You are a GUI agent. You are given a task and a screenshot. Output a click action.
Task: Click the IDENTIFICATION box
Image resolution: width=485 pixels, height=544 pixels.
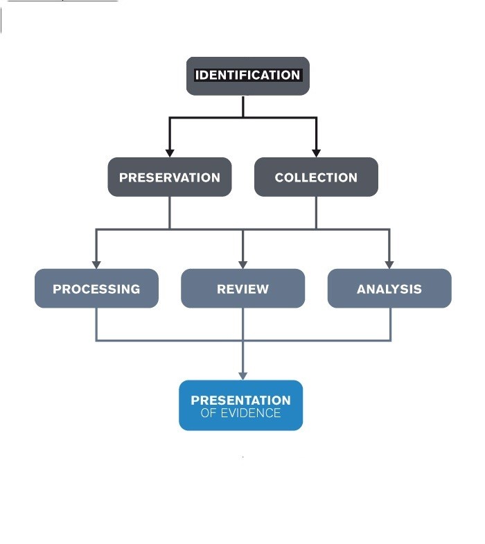pos(247,76)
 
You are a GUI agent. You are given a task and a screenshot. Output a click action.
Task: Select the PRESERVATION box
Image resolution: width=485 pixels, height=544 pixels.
pos(169,177)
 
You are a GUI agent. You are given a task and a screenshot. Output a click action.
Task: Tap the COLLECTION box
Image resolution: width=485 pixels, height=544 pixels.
pos(316,177)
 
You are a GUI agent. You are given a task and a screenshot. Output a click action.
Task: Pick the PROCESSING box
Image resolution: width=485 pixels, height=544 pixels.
pos(96,288)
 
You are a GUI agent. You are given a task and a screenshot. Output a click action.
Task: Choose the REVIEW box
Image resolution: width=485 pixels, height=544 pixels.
pos(242,288)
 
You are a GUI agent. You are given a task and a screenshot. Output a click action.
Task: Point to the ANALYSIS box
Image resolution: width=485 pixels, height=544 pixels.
pos(389,288)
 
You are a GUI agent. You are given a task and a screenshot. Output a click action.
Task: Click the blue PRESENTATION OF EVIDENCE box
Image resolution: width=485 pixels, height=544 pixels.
pos(240,405)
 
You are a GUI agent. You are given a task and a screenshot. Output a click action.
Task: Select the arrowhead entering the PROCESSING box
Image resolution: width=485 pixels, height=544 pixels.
pos(96,264)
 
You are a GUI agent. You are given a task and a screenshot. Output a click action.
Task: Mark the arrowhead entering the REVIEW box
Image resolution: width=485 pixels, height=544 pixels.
pos(242,264)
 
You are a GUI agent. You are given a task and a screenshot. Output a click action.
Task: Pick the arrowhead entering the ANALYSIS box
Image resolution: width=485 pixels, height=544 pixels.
pos(389,264)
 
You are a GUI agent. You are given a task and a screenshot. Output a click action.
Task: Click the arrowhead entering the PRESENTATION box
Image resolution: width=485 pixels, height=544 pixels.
pos(242,376)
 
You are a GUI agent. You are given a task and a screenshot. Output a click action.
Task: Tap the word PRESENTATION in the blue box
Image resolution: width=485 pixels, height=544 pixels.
pos(240,400)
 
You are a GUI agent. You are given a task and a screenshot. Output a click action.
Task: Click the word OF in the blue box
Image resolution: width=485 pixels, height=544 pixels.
pos(208,413)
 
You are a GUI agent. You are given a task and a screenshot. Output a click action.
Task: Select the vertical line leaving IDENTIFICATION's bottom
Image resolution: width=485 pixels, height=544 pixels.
pos(243,106)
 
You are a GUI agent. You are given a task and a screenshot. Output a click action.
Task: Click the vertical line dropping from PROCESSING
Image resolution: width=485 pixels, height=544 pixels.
pos(96,324)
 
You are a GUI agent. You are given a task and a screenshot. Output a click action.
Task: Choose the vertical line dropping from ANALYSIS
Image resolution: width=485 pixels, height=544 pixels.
pos(390,324)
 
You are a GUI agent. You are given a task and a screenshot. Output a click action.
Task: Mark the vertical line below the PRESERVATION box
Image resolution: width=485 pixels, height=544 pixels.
pos(169,212)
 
